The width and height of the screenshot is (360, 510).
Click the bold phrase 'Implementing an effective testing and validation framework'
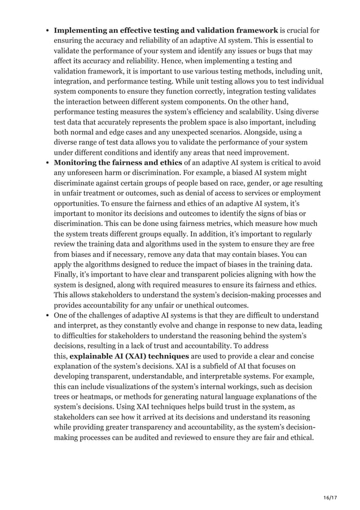point(165,30)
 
